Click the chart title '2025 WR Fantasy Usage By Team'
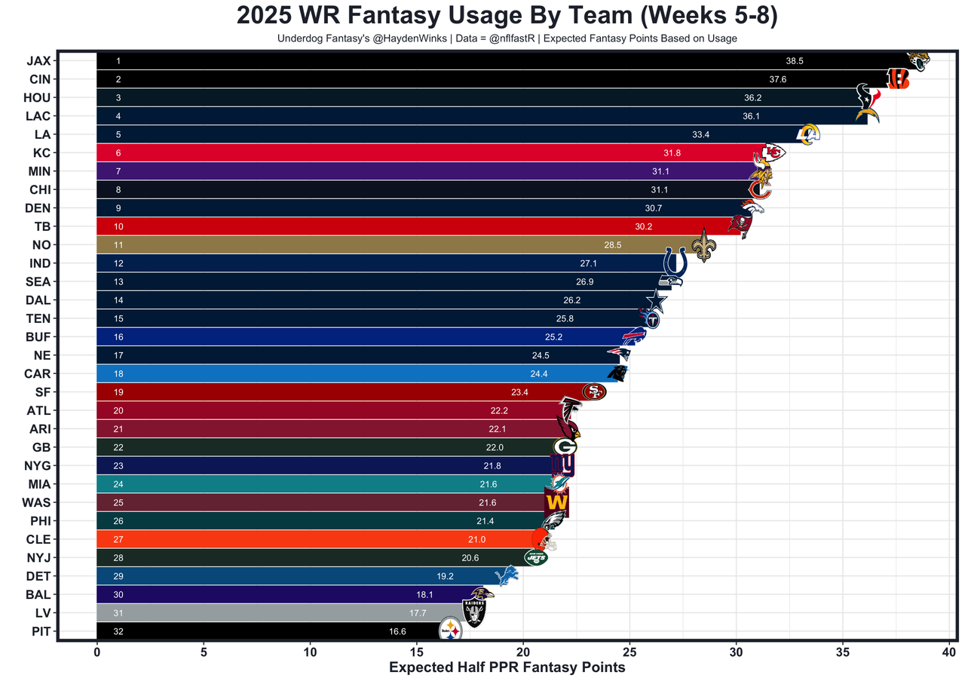click(x=507, y=16)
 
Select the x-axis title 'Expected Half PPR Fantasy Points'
click(x=507, y=667)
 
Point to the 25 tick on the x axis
click(x=630, y=650)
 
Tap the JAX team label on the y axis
click(x=38, y=61)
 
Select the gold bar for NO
click(x=377, y=245)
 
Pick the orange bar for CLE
click(x=302, y=539)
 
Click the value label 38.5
click(x=795, y=61)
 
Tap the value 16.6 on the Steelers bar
click(x=397, y=631)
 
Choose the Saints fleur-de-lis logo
click(x=703, y=245)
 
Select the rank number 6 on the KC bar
click(x=118, y=153)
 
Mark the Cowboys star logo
click(x=656, y=301)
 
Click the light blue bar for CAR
click(x=339, y=373)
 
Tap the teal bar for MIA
click(x=302, y=484)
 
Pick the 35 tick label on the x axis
click(x=843, y=650)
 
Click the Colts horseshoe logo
click(x=674, y=263)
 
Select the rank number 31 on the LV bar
click(x=118, y=613)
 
